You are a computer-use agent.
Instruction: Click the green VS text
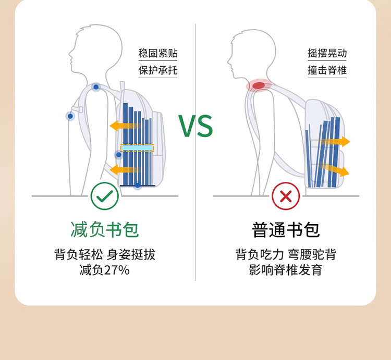(x=195, y=126)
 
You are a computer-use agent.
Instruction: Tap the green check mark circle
(x=105, y=196)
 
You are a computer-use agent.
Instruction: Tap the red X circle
(x=286, y=196)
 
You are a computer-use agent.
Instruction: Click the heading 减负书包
(x=105, y=229)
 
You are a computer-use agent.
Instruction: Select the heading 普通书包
(x=286, y=229)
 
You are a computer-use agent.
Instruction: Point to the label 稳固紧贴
(x=158, y=53)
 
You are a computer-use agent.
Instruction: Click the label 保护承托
(x=158, y=70)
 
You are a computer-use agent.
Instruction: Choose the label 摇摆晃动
(x=327, y=53)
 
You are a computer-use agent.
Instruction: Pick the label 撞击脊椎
(x=327, y=70)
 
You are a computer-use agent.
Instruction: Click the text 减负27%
(x=105, y=270)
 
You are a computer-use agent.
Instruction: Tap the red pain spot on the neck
(x=259, y=85)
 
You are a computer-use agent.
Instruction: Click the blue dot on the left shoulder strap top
(x=96, y=87)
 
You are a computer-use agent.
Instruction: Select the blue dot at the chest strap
(x=70, y=116)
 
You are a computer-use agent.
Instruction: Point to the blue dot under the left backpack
(x=137, y=185)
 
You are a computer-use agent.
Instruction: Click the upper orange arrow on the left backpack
(x=125, y=126)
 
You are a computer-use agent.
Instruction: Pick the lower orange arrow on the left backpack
(x=125, y=169)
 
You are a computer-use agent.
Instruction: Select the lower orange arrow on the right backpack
(x=336, y=169)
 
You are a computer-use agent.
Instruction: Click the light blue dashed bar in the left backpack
(x=137, y=148)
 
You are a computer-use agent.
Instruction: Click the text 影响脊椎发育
(x=286, y=270)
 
